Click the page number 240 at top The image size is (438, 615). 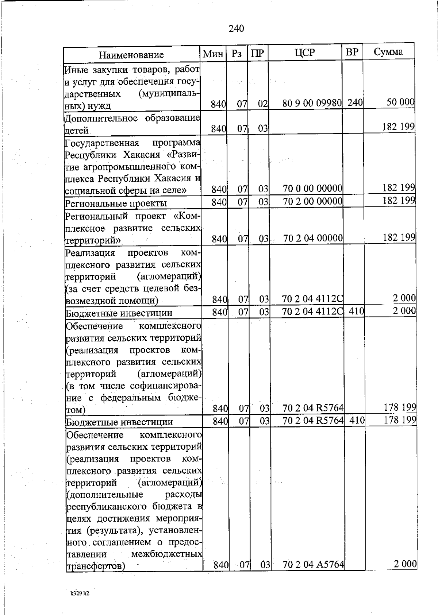(236, 28)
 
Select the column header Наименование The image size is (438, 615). (131, 55)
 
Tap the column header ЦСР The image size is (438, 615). (305, 53)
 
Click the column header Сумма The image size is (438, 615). (388, 52)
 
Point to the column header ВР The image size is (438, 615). (352, 52)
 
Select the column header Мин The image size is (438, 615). (213, 54)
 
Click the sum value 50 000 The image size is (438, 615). (400, 102)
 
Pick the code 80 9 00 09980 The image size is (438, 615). (312, 104)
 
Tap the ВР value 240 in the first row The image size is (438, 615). (354, 103)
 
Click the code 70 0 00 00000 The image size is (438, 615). (312, 189)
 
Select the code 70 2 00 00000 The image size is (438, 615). (312, 201)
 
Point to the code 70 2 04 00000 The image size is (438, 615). (313, 238)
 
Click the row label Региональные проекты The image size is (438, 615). (116, 203)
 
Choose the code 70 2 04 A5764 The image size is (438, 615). (313, 575)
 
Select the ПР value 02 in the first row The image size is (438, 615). (263, 104)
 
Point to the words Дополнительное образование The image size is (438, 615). (132, 119)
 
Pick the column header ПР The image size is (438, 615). (257, 54)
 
